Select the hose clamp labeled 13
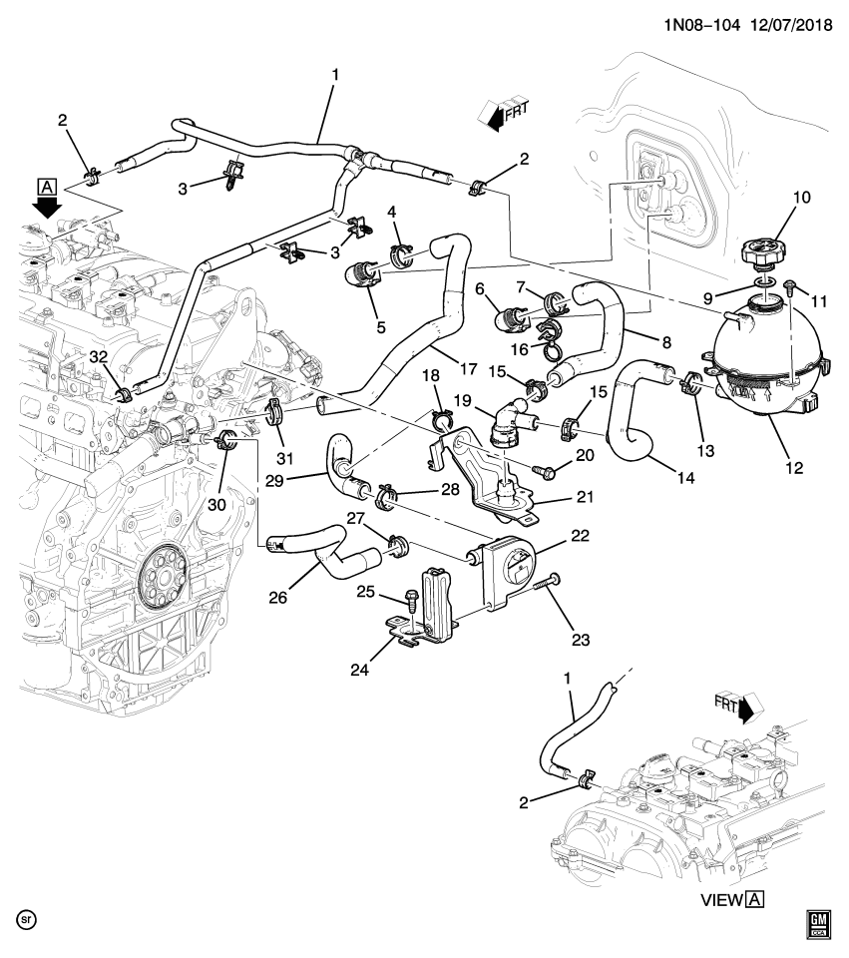tap(688, 384)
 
